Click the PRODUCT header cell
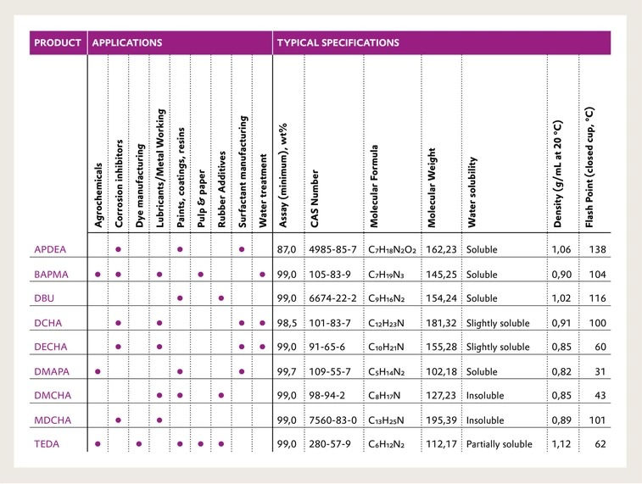pos(58,42)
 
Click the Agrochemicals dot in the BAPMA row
pos(98,275)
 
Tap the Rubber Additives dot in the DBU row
pos(221,298)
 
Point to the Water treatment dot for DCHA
pos(262,323)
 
